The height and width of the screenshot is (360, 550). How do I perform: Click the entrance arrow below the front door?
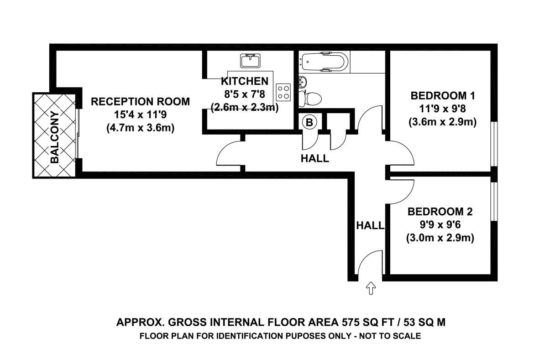coord(371,288)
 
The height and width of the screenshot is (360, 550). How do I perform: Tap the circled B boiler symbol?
coord(309,122)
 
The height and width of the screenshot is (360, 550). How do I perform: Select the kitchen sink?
coord(250,61)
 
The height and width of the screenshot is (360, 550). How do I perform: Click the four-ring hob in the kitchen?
coord(283,92)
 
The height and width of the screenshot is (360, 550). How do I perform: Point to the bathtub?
coord(324,62)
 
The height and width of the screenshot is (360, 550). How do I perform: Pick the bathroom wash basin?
coord(303,82)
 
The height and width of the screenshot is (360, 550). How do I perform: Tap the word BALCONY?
coord(55,137)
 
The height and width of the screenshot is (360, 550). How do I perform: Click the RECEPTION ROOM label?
coord(141,102)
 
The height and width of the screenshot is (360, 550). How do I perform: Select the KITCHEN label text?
coord(245,81)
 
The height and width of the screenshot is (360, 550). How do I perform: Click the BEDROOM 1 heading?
coord(443,96)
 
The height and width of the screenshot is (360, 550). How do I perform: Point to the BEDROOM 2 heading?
coord(440,212)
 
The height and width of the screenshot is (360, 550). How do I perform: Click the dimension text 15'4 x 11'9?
coord(140,115)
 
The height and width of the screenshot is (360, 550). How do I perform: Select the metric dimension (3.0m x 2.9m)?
coord(440,238)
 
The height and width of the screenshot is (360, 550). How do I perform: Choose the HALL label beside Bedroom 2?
coord(370,225)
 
